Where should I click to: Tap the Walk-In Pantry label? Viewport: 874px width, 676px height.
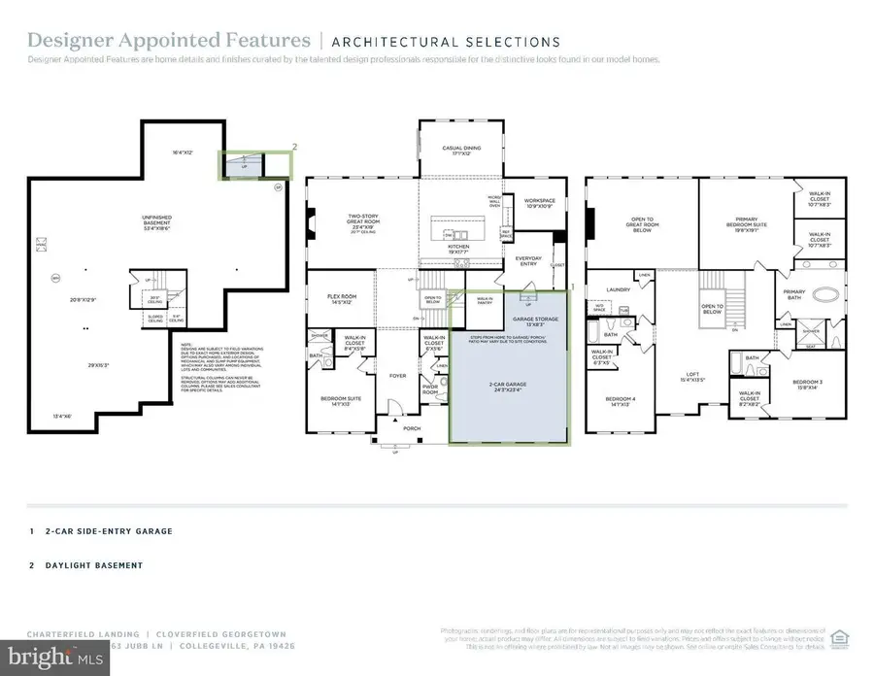coord(483,299)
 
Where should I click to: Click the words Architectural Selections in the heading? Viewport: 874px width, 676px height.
coord(446,42)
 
